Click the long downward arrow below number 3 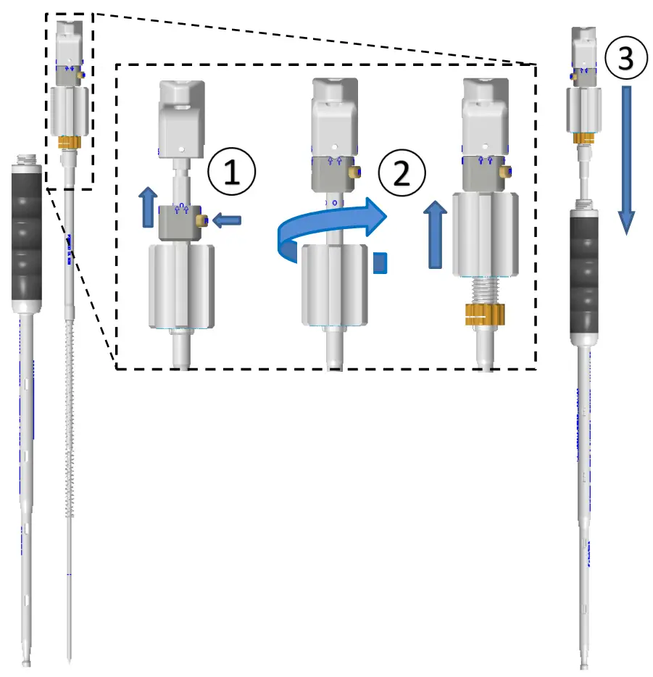click(x=627, y=159)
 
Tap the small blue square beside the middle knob click(x=380, y=262)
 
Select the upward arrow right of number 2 click(x=434, y=235)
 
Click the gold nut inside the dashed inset click(x=483, y=315)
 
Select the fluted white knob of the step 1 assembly click(x=180, y=286)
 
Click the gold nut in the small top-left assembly click(x=69, y=143)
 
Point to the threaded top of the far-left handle click(x=28, y=157)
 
